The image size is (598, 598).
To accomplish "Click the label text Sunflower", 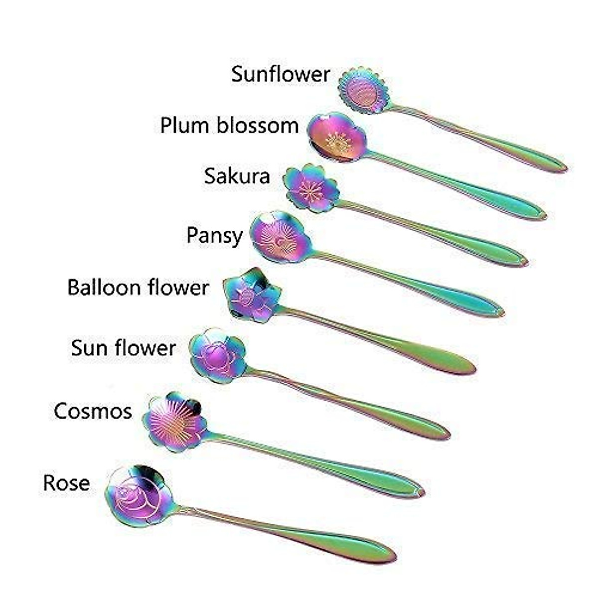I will click(x=281, y=74).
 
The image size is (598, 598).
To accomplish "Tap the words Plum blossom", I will click(x=229, y=125).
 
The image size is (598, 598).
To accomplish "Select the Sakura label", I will click(x=237, y=176).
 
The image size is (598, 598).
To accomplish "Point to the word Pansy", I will click(x=214, y=235).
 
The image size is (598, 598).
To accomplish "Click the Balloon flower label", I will click(x=138, y=288).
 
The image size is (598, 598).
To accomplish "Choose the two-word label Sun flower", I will click(x=123, y=348).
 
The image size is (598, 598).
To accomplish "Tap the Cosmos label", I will click(x=93, y=411).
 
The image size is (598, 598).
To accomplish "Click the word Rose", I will click(x=66, y=482).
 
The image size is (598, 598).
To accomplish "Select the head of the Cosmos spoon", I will click(x=174, y=421).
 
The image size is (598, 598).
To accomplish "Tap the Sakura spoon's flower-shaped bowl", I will click(x=311, y=188).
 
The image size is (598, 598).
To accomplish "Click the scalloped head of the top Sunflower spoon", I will click(x=364, y=90).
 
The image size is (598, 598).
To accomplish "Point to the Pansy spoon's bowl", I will click(x=281, y=237).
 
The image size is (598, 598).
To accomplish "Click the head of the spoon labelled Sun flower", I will click(x=218, y=355).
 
